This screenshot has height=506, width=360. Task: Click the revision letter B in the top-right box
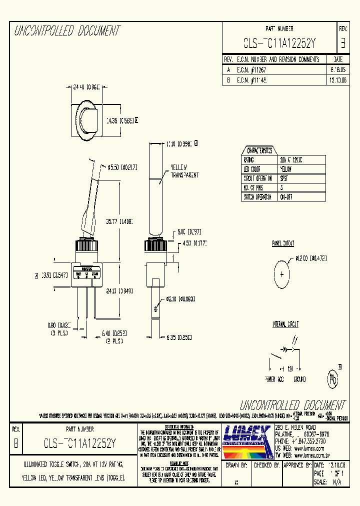pos(342,43)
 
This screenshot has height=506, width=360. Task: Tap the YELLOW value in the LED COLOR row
pos(286,169)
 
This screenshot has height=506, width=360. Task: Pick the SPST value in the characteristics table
pos(285,178)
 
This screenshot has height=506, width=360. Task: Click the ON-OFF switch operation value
pos(286,197)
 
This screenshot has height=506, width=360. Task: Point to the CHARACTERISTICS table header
pos(258,150)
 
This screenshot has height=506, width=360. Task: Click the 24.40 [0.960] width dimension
pos(84,87)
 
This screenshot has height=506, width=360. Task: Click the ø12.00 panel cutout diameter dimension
pos(310,258)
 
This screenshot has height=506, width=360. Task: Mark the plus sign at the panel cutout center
pos(281,274)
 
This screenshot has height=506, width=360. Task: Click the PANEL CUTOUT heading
pos(283,243)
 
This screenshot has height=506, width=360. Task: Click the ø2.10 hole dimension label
pos(178,299)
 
